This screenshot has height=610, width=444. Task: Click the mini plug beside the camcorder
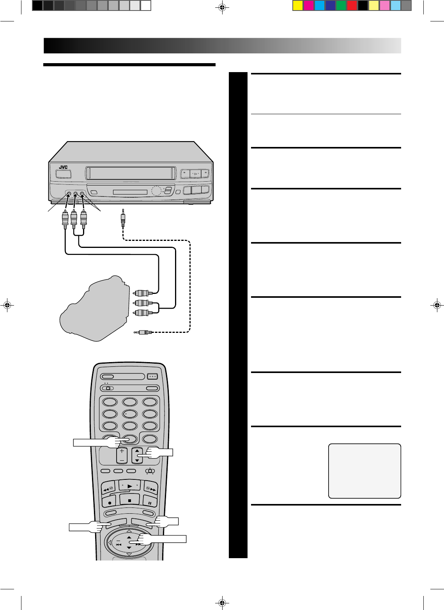(x=143, y=332)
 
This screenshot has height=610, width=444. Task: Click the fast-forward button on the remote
(x=149, y=488)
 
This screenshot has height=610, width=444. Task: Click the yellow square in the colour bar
(x=298, y=6)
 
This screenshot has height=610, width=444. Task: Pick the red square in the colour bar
(x=352, y=6)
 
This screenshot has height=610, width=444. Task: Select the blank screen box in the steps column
(x=364, y=470)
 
